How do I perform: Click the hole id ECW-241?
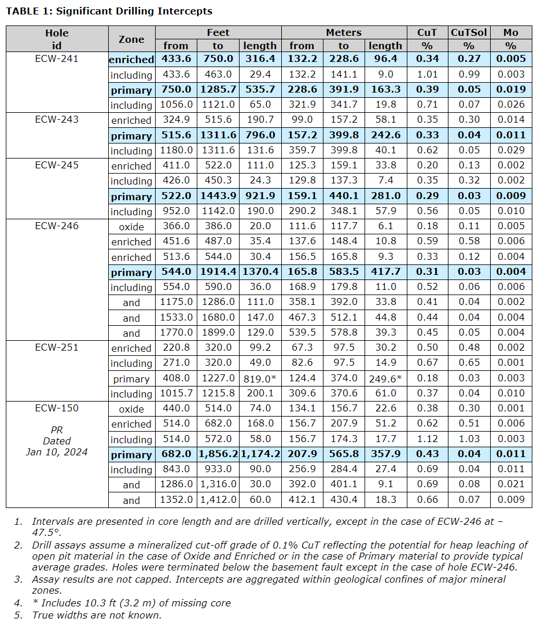(57, 58)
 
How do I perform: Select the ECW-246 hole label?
(57, 226)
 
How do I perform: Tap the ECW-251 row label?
(57, 348)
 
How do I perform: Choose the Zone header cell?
(131, 39)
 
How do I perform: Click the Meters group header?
(344, 32)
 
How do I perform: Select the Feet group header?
(218, 32)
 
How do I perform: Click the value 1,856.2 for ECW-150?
(218, 455)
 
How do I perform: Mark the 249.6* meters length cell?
(385, 379)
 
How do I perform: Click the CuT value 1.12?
(427, 439)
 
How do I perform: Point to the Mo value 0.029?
(510, 150)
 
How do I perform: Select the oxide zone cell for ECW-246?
(131, 226)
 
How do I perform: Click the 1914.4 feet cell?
(218, 273)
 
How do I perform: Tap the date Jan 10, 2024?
(57, 452)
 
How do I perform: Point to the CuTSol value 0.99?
(469, 74)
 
